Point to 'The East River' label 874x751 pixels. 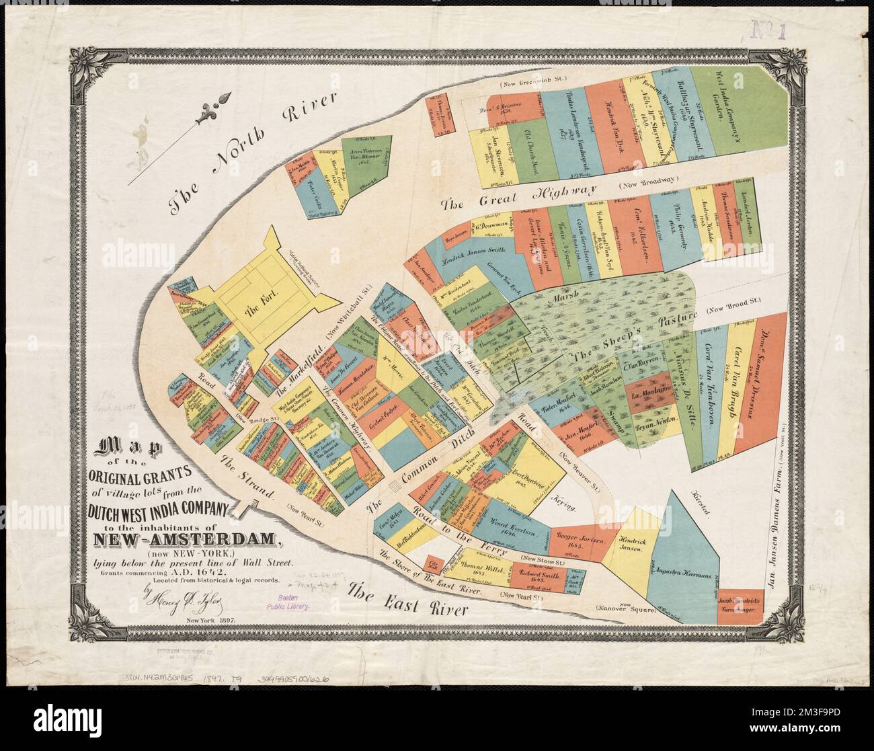(x=407, y=600)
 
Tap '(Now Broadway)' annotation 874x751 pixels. (x=648, y=184)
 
